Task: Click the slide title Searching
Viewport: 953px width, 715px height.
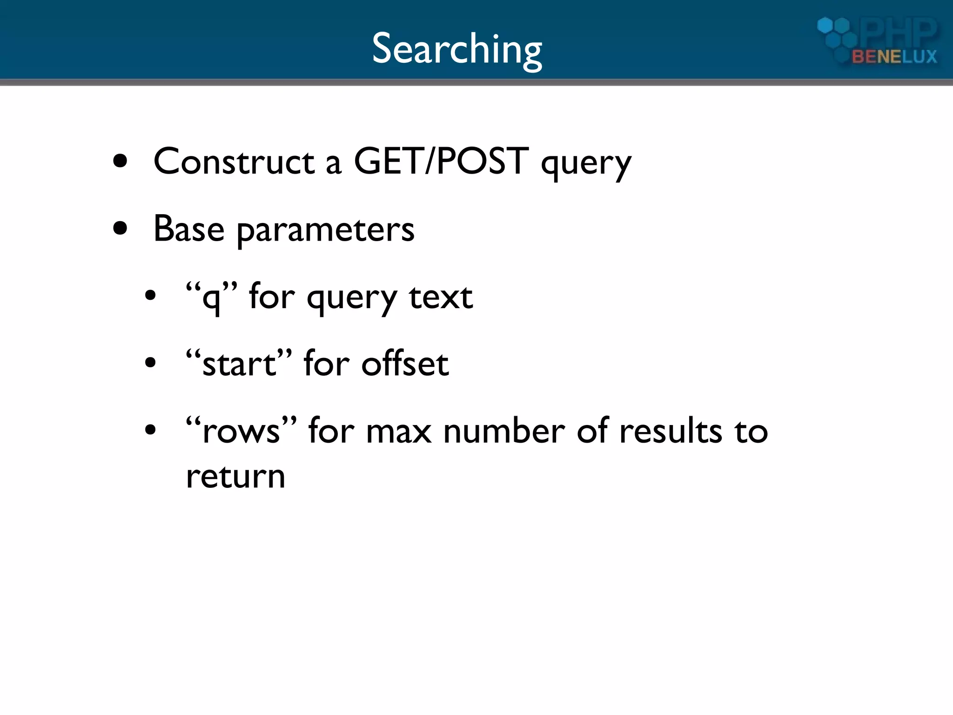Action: point(457,49)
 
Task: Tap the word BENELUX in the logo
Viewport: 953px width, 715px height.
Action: point(894,57)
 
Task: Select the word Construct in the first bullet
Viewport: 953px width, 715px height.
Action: point(234,162)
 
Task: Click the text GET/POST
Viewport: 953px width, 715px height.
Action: point(441,162)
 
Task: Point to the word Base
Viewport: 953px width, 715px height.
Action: point(188,229)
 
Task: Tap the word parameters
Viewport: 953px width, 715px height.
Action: point(325,230)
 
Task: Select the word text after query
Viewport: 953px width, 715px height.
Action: point(441,297)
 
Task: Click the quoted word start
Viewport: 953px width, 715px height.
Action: point(239,364)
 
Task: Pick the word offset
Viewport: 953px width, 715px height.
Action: point(405,364)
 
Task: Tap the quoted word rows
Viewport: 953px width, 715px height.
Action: point(241,431)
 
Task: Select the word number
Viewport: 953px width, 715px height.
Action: point(504,431)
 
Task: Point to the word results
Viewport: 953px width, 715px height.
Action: point(671,431)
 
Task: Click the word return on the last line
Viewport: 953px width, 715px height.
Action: point(235,477)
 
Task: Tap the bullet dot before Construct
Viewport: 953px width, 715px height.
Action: point(120,162)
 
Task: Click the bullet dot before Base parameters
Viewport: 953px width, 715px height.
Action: point(120,229)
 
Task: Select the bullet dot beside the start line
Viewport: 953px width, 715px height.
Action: point(150,363)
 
